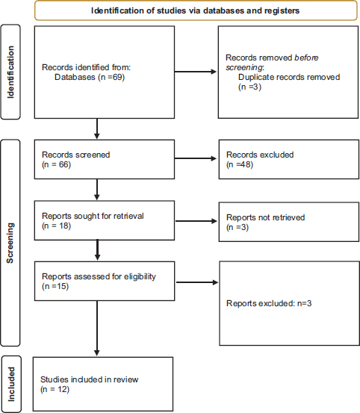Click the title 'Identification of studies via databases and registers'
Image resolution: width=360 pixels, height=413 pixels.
click(195, 10)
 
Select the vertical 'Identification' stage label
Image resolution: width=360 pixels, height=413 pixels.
click(10, 72)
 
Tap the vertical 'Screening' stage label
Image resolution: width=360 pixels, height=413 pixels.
click(10, 243)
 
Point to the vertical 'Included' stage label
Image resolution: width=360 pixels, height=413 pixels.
click(11, 385)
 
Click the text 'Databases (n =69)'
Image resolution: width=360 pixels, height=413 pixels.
click(90, 77)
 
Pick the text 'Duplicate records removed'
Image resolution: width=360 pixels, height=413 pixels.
click(289, 77)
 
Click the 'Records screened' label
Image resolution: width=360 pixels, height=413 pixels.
click(76, 155)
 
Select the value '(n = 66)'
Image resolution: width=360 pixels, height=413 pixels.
click(56, 164)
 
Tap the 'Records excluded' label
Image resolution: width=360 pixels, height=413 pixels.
click(260, 155)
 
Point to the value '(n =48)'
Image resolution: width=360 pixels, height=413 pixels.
click(240, 164)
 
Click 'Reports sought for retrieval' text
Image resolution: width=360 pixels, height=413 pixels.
click(93, 216)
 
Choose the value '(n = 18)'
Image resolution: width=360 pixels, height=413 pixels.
click(56, 226)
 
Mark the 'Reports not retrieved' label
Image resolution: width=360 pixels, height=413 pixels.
click(265, 217)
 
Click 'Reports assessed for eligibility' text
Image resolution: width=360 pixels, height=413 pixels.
click(99, 276)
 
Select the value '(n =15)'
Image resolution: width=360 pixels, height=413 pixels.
click(55, 286)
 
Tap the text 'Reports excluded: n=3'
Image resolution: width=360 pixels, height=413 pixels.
click(269, 303)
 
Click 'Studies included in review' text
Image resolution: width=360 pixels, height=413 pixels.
click(90, 379)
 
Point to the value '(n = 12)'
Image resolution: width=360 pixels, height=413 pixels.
click(55, 389)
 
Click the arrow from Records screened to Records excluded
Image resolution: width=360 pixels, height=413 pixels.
click(196, 158)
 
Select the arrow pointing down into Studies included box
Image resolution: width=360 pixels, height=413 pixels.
click(97, 329)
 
